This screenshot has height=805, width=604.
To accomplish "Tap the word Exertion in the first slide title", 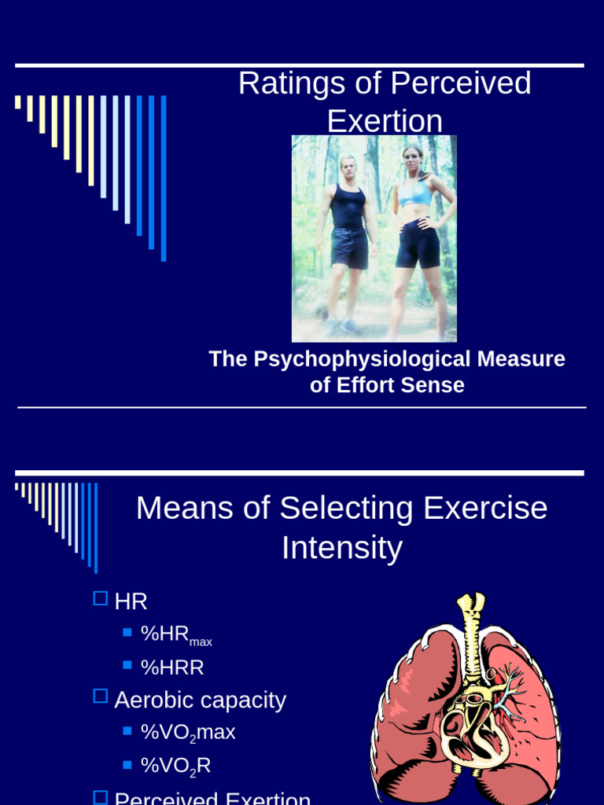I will [x=385, y=121].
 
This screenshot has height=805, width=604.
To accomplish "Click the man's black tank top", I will [x=347, y=206].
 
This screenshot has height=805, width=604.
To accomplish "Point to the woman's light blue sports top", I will [x=415, y=193].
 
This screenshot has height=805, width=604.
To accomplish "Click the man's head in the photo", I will [x=347, y=167].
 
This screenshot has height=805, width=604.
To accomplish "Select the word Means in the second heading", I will [x=184, y=508].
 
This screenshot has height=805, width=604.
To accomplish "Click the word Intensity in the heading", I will [x=342, y=548].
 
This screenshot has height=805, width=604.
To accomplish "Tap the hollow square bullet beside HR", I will [x=100, y=599].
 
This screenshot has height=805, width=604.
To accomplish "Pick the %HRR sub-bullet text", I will [x=172, y=667].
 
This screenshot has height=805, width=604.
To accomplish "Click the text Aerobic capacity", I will [x=200, y=700].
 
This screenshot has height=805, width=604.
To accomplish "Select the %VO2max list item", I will [x=188, y=733].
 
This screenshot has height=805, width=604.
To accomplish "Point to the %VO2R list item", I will [x=175, y=766].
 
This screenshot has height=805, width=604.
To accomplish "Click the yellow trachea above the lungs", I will [x=471, y=629].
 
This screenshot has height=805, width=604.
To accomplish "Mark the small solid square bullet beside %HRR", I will [x=127, y=665].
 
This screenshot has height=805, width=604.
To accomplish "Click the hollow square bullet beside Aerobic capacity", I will [x=100, y=696].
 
